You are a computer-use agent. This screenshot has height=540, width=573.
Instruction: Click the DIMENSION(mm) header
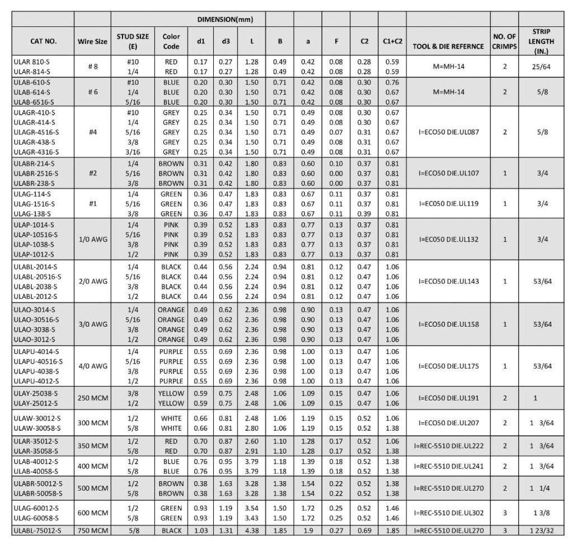coord(226,20)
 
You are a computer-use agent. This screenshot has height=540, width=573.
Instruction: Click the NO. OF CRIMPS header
coord(504,41)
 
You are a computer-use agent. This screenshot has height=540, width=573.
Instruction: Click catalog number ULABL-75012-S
coord(38,529)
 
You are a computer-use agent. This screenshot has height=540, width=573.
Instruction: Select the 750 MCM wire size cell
coord(92,529)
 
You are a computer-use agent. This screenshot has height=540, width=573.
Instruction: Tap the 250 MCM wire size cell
coord(92,398)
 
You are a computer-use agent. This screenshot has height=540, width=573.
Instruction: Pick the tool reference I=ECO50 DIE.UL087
coord(448,132)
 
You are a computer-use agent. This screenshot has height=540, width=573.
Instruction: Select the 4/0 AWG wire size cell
coord(92,366)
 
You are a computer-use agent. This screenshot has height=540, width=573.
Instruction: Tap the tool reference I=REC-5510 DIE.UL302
coord(448,513)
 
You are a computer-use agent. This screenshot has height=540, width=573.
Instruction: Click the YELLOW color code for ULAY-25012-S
coord(171,403)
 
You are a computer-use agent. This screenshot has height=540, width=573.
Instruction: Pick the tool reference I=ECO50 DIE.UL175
coord(448,366)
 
